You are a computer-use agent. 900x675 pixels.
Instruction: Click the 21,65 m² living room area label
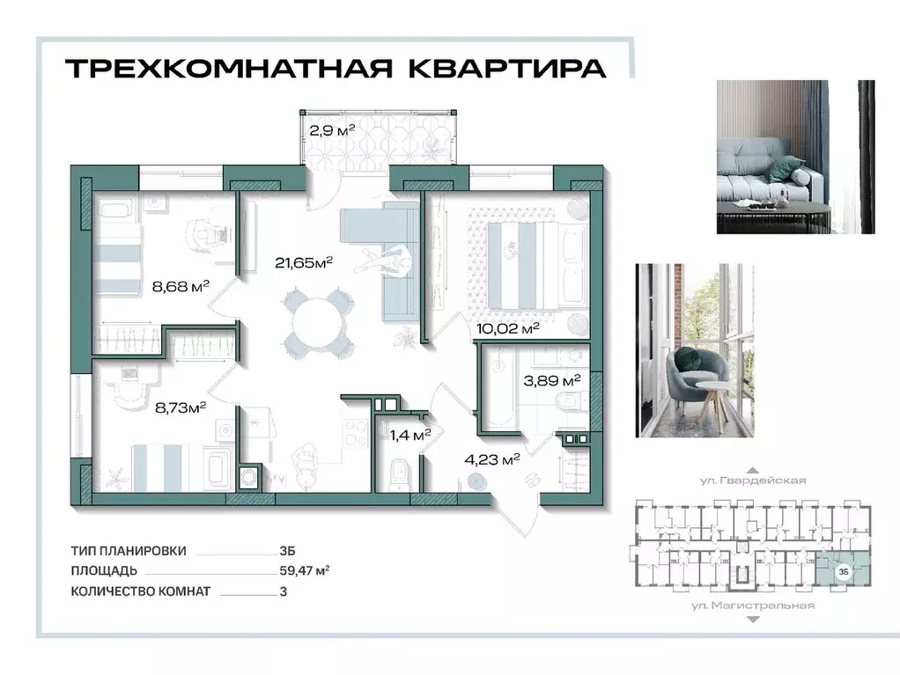coord(304,262)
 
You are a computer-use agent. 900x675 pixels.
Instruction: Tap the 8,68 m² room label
coord(181,284)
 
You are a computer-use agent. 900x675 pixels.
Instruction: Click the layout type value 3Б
coord(286,551)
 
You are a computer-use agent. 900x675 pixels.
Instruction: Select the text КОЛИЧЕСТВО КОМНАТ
coord(141,591)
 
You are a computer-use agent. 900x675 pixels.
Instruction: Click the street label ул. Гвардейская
coord(748,481)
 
